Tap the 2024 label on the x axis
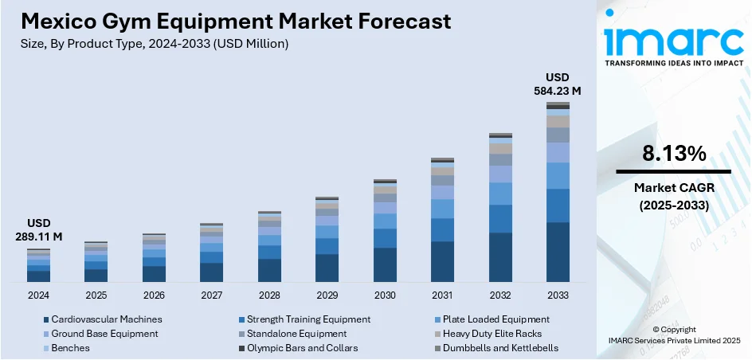[x=38, y=295]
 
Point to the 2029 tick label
[x=327, y=295]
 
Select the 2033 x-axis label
[x=558, y=295]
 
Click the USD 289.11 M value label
[x=38, y=230]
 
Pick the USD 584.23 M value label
[x=558, y=84]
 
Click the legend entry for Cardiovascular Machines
[x=107, y=319]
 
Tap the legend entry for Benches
[x=70, y=348]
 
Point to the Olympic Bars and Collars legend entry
[x=302, y=348]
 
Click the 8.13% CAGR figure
[x=673, y=155]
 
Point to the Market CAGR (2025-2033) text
[x=673, y=196]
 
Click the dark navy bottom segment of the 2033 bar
[x=558, y=252]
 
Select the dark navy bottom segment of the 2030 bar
[x=385, y=264]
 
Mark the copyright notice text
[x=674, y=335]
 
